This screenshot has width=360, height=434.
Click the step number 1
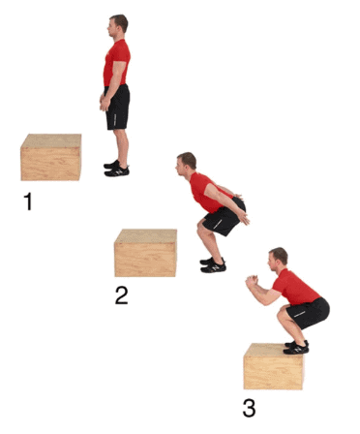(x=28, y=201)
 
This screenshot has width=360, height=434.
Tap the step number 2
(x=122, y=295)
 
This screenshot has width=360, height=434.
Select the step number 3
(x=249, y=408)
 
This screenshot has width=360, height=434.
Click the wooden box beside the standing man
(x=51, y=157)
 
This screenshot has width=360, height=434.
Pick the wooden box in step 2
(x=145, y=253)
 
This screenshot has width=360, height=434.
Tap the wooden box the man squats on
(x=274, y=366)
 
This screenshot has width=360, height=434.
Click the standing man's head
(x=117, y=26)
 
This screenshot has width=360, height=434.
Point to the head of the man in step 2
(x=186, y=164)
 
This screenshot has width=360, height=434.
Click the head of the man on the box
(x=278, y=260)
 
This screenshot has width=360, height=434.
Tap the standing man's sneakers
(x=116, y=169)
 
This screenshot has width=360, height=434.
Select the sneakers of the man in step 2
(x=213, y=264)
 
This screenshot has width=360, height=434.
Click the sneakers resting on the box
(x=296, y=347)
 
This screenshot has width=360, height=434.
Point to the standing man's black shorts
(x=117, y=107)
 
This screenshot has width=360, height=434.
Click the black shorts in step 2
(x=225, y=216)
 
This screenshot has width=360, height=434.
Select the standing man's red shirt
(x=116, y=63)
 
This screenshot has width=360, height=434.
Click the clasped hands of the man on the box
(x=252, y=281)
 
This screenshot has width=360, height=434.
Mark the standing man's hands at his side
(x=105, y=102)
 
